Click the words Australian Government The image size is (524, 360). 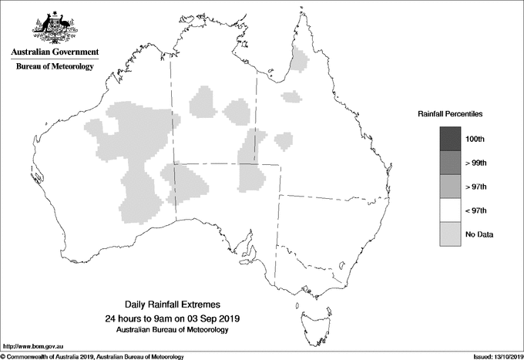tap(55, 52)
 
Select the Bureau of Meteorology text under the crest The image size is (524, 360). tap(55, 67)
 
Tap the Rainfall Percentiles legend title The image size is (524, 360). tap(450, 113)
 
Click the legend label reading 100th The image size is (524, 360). tap(475, 139)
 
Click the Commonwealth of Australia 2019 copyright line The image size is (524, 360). tap(92, 356)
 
